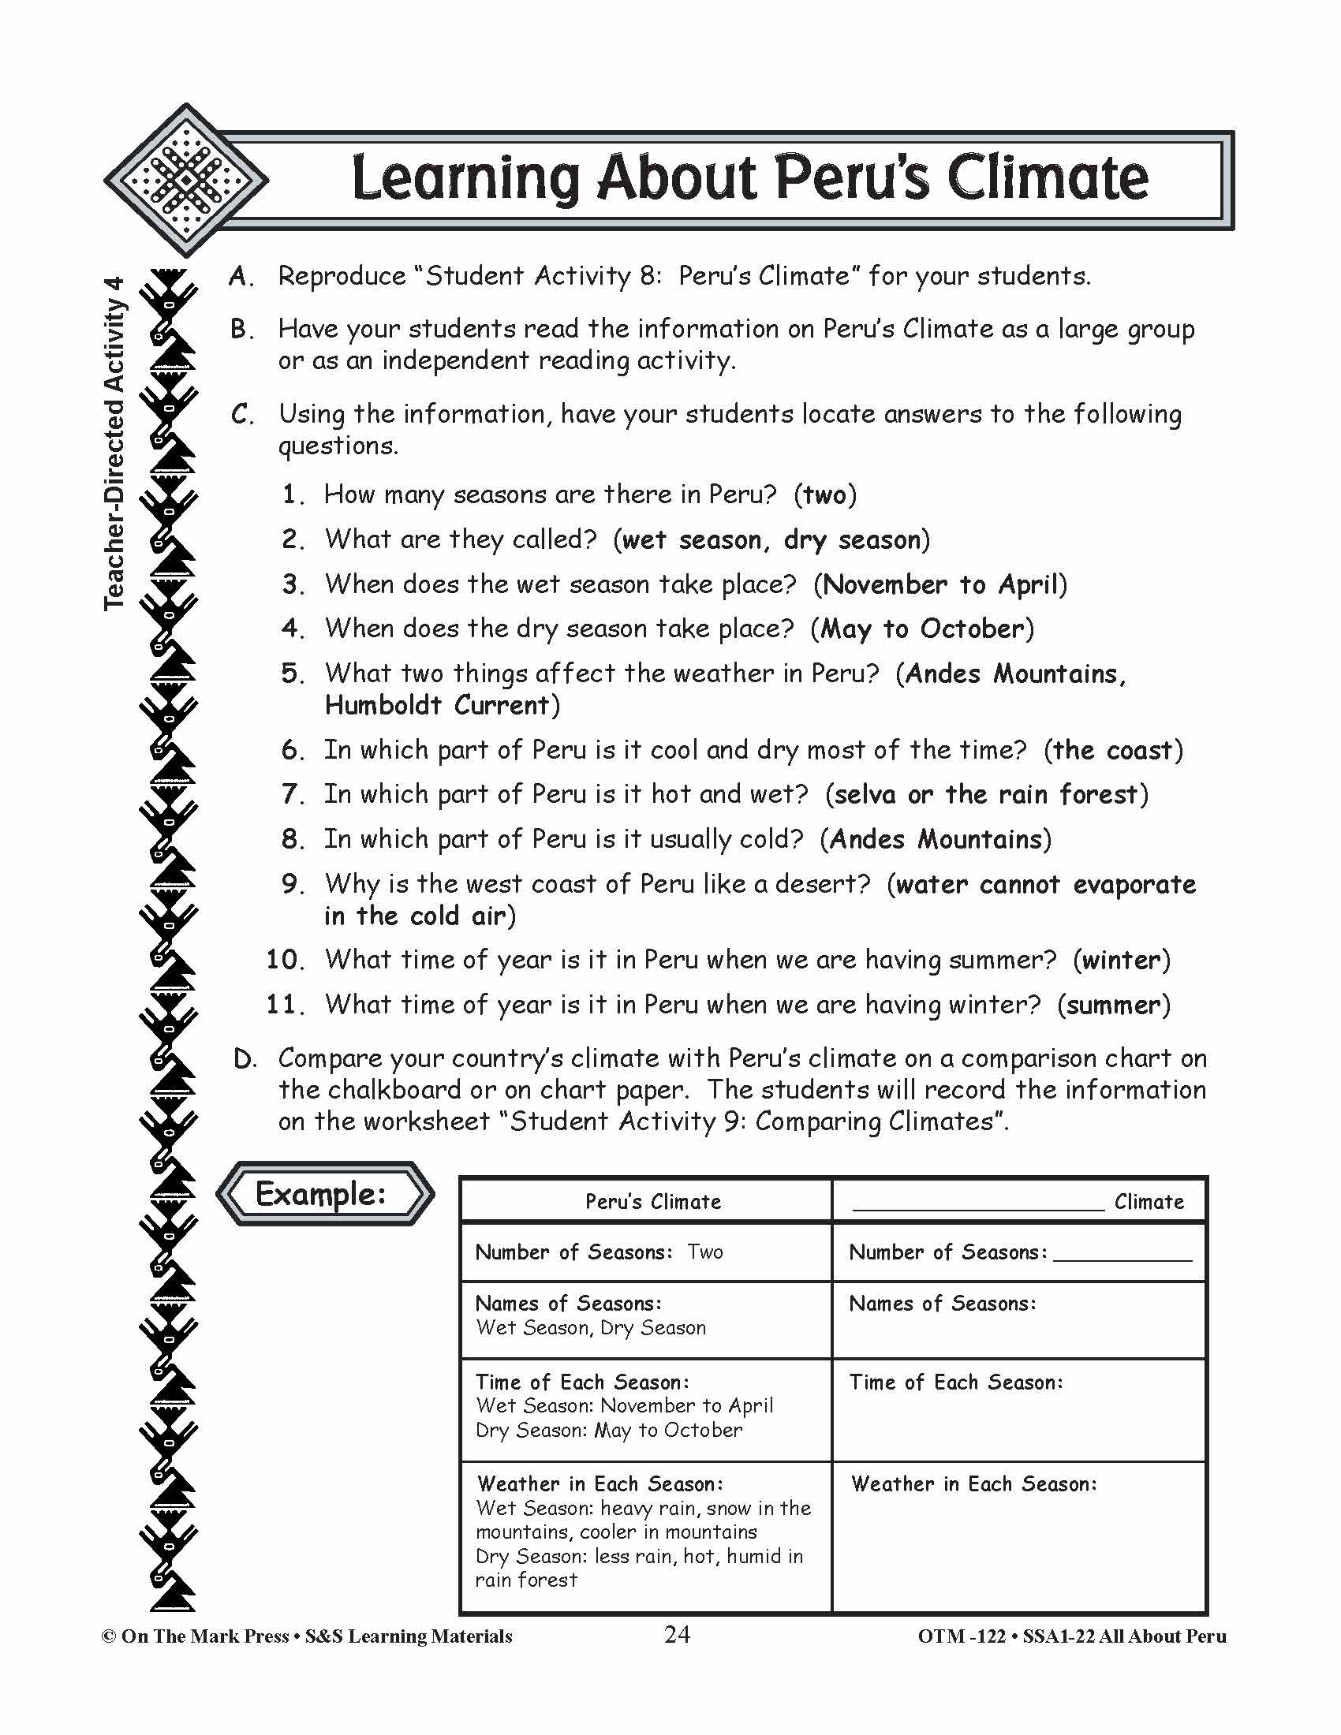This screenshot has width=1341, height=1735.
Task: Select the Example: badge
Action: tap(325, 1193)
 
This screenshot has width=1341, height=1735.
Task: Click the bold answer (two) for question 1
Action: tap(824, 495)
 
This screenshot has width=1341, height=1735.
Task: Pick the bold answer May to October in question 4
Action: tap(921, 629)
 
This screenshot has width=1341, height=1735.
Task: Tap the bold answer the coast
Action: tap(1112, 750)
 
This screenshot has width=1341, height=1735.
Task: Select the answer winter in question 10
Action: tap(1121, 960)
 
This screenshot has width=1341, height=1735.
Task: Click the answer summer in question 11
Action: tap(1113, 1005)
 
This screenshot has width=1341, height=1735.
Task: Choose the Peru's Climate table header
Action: tap(653, 1201)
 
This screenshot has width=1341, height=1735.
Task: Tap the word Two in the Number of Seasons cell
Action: tap(704, 1252)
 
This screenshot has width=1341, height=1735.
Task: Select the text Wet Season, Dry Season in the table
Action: tap(590, 1327)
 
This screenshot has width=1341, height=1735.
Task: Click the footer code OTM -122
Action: tap(962, 1636)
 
